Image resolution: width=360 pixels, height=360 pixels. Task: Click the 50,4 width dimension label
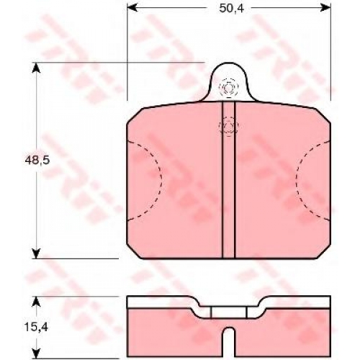(232, 9)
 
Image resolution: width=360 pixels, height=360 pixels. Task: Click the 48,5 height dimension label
(37, 160)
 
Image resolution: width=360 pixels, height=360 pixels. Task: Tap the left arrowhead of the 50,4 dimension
(132, 8)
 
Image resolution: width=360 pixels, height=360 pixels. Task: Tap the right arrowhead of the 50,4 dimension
(325, 8)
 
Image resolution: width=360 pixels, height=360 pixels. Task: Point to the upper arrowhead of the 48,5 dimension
(36, 68)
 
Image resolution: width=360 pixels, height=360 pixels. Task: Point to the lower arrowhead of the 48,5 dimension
(36, 253)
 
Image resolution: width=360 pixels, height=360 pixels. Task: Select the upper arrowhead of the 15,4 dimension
(36, 302)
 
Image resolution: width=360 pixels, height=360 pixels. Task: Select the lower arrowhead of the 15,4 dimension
(36, 354)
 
